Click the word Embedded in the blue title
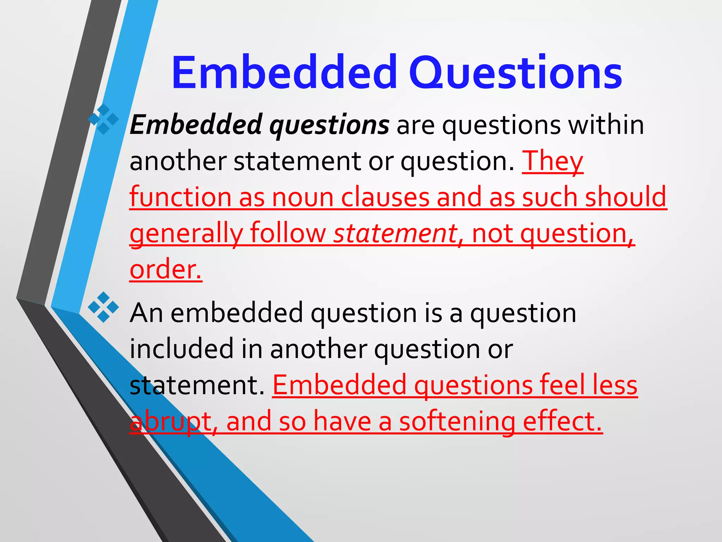coord(284,73)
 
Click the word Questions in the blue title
coord(515,73)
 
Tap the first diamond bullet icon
coord(103,119)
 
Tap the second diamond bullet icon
coord(103,307)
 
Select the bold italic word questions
coord(329,125)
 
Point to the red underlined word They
coord(552,161)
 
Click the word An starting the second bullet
coord(146,313)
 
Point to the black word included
coord(182,349)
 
